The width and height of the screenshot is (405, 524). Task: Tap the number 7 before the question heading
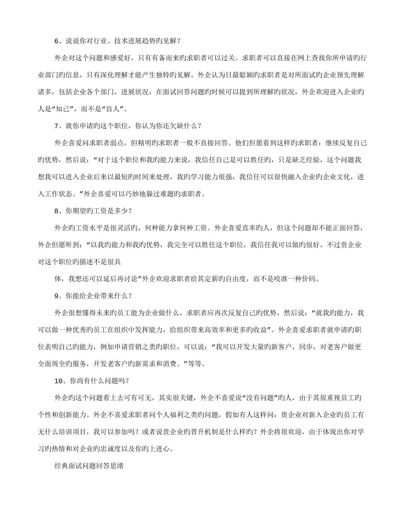57,126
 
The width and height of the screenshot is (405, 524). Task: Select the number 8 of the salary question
57,210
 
